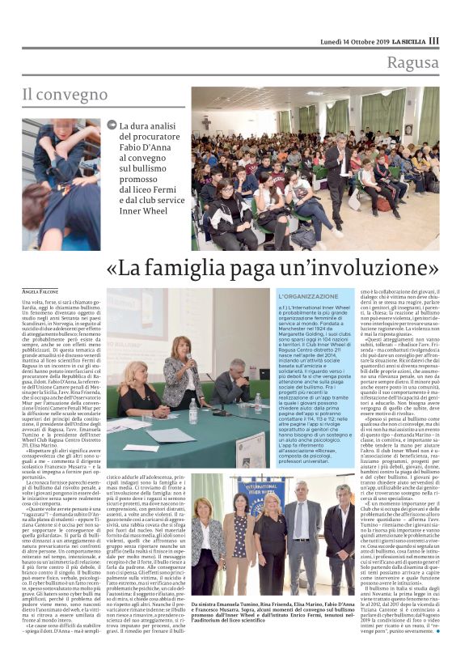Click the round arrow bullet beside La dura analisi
[x=112, y=124]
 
